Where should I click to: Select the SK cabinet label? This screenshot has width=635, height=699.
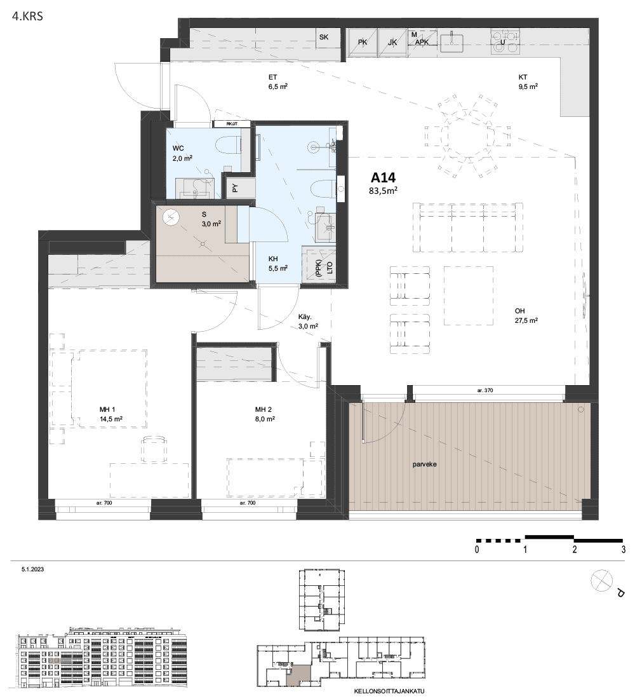[x=324, y=37]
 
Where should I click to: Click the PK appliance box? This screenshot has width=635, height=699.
[x=363, y=43]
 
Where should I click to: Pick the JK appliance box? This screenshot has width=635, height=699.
[x=392, y=43]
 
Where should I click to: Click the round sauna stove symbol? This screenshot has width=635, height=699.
[x=171, y=218]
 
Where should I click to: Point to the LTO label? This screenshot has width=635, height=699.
[x=329, y=268]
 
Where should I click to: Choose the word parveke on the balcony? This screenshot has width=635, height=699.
[x=425, y=464]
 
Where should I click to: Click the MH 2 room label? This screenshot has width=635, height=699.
[x=265, y=409]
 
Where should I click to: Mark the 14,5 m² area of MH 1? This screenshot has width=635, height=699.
[x=110, y=419]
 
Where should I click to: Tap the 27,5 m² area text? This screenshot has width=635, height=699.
[x=526, y=321]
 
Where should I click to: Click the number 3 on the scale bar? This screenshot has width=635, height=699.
[x=624, y=549]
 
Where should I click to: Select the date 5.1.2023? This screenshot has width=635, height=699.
[x=33, y=571]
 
